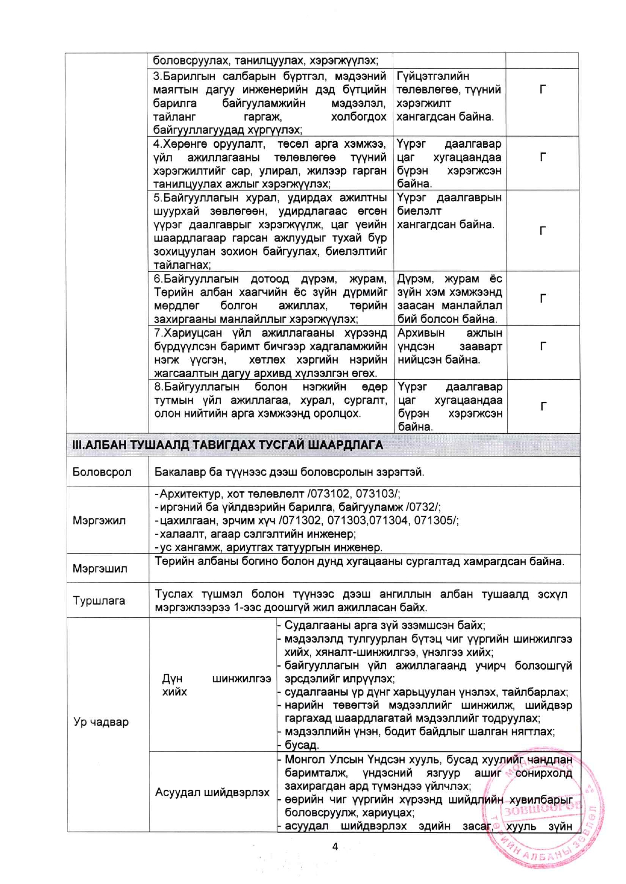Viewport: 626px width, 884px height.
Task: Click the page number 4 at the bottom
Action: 335,847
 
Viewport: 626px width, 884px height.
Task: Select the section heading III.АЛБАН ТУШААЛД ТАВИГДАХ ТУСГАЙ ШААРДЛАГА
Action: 228,445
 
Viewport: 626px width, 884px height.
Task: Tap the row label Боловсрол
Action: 102,472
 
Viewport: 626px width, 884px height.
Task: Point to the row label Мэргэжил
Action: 99,520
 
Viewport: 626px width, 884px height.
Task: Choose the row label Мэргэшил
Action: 100,569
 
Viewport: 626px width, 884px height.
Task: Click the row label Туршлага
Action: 99,601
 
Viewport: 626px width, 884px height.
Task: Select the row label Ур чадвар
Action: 101,722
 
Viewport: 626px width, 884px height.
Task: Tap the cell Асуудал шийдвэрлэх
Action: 212,792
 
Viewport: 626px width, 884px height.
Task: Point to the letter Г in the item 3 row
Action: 543,90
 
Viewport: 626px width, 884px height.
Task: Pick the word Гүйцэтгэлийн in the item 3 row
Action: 433,76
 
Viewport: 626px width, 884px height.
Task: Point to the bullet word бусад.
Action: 301,745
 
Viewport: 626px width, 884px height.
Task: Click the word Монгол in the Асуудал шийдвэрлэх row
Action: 305,759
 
